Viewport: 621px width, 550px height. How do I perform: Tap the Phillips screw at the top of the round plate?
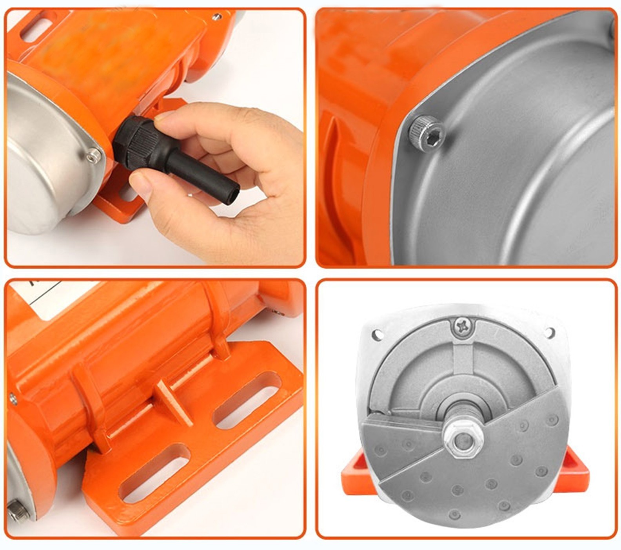click(463, 326)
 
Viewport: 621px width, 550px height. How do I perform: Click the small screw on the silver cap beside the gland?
click(93, 156)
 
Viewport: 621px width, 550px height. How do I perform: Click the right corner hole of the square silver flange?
click(550, 332)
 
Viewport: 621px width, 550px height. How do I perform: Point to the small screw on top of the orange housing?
click(216, 17)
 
